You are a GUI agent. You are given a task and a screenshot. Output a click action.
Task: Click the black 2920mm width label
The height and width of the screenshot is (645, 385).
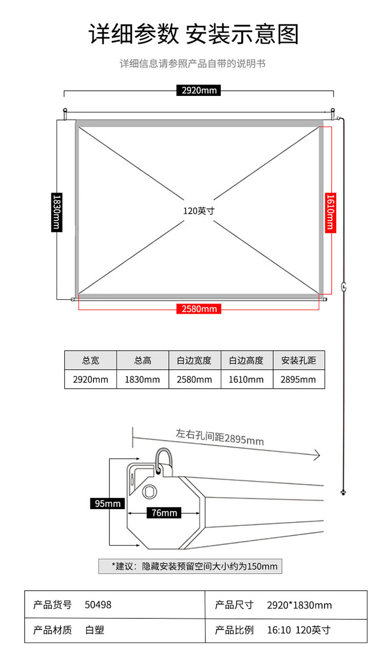(x=199, y=90)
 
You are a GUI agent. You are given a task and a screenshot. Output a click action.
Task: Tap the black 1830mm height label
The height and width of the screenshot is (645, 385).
(x=57, y=212)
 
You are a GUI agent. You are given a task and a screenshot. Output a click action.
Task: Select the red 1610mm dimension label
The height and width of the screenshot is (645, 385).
(x=331, y=212)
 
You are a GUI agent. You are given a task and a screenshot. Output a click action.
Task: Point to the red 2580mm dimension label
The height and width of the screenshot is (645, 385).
(x=199, y=309)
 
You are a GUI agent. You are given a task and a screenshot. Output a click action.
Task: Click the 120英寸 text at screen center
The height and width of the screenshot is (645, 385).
(x=199, y=211)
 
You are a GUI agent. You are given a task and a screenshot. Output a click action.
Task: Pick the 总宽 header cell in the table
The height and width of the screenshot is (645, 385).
(x=90, y=360)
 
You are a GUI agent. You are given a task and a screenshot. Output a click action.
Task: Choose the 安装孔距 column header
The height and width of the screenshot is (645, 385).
(x=299, y=360)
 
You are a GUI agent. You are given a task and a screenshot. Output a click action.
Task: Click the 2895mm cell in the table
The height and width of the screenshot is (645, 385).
(x=299, y=379)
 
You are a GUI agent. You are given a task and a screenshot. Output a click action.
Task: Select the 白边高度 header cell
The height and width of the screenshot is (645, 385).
(x=246, y=360)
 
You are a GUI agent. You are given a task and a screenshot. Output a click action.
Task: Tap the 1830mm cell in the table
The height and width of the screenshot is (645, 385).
(x=143, y=379)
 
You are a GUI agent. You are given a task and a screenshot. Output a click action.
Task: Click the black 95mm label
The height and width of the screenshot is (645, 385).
(x=107, y=503)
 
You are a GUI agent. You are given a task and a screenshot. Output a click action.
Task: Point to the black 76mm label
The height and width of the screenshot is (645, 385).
(x=164, y=513)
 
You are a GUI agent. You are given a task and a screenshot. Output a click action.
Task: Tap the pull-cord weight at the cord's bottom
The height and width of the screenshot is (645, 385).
(x=343, y=492)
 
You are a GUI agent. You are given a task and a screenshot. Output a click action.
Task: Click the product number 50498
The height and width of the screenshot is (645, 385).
(x=98, y=604)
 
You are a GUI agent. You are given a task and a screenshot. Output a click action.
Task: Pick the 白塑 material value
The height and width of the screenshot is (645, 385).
(x=94, y=630)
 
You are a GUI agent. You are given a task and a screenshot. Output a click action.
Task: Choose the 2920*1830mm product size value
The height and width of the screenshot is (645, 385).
(x=299, y=605)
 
